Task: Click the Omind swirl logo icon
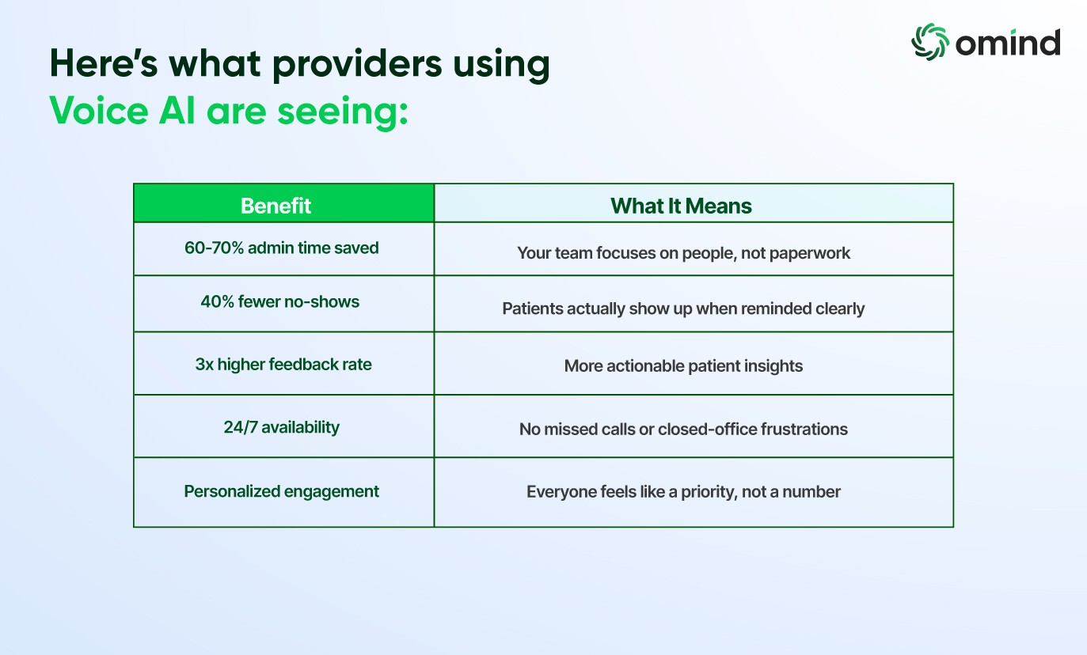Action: coord(929,42)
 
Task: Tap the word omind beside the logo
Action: coord(1007,43)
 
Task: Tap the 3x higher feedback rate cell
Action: coord(283,364)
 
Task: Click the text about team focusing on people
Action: coord(683,253)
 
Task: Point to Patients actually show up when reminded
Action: coord(683,309)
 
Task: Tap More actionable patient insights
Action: coord(683,366)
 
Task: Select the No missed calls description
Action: coord(683,429)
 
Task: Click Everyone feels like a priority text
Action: coord(683,491)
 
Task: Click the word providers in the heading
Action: coord(357,65)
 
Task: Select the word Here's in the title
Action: coord(104,62)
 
